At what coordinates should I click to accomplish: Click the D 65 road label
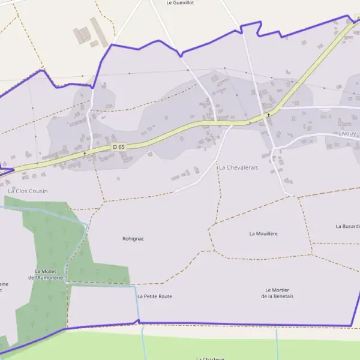click(x=119, y=147)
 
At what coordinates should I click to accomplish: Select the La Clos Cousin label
click(x=28, y=191)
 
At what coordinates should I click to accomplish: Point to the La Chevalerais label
click(x=238, y=167)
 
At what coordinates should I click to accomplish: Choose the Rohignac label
click(x=133, y=238)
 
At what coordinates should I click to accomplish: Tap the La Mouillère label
click(x=263, y=233)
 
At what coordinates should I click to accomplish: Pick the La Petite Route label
click(x=155, y=296)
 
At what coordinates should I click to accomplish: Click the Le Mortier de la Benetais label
click(x=277, y=293)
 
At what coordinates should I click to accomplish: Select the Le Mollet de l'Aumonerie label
click(x=46, y=274)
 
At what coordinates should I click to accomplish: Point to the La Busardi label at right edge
click(x=347, y=226)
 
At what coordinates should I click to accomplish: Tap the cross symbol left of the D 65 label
click(x=85, y=153)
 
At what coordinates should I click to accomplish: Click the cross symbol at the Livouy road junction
click(x=268, y=114)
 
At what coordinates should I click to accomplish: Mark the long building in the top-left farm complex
click(x=99, y=32)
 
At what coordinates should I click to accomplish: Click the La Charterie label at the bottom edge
click(x=210, y=358)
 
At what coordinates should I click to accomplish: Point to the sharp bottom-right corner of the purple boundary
click(x=350, y=326)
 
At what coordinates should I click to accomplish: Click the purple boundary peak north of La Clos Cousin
click(x=42, y=70)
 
